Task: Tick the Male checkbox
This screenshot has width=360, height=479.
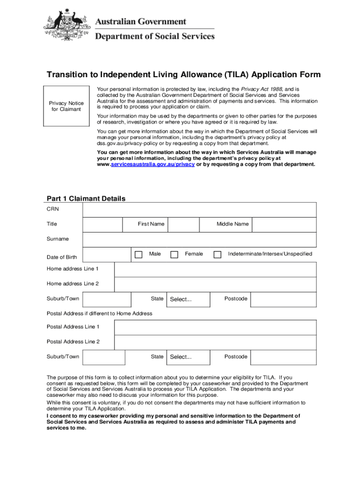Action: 138,254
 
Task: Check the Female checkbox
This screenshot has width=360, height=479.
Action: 174,254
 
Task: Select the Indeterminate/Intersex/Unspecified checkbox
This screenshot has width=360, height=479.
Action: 217,254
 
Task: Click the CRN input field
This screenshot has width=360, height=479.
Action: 199,210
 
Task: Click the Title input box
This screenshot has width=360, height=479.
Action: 102,225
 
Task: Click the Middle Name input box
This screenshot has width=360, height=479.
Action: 284,225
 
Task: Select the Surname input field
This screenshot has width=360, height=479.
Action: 199,239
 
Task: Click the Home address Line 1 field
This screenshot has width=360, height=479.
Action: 215,270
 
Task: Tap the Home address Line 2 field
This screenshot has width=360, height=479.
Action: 215,284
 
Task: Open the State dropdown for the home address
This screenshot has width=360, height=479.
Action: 188,299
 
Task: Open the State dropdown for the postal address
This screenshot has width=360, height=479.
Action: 188,357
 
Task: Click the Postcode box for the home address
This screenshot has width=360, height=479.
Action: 283,299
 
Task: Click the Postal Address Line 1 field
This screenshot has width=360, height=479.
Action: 215,327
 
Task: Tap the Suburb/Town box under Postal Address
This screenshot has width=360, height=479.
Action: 104,357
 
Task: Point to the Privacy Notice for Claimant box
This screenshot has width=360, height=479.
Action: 66,106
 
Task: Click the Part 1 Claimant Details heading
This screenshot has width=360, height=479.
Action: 86,198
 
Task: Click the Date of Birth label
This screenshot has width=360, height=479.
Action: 62,257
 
